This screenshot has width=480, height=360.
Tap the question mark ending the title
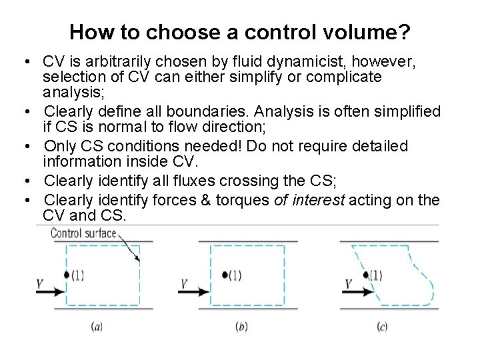tap(404, 32)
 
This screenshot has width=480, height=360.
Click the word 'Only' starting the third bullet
tap(58, 146)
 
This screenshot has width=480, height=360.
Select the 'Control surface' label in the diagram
tap(83, 233)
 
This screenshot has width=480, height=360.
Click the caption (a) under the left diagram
tap(97, 327)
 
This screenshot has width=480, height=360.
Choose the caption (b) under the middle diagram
tap(241, 327)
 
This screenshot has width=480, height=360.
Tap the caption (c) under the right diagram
tap(382, 327)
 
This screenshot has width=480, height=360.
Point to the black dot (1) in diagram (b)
tap(225, 275)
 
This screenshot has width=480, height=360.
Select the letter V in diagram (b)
tap(184, 285)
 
